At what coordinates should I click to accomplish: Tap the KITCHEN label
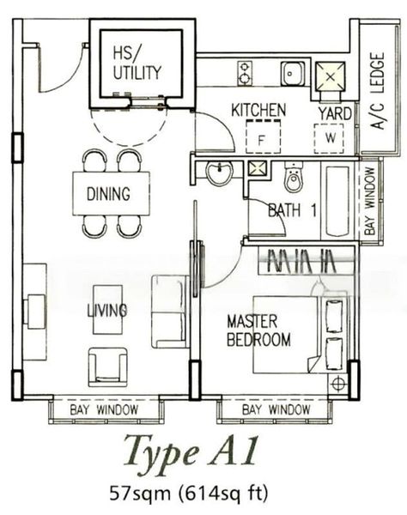point(259,111)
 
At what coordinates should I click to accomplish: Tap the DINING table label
point(108,194)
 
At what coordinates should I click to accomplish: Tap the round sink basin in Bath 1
point(220,174)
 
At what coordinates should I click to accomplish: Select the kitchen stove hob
point(244,70)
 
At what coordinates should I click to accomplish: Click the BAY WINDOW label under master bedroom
point(276,410)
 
